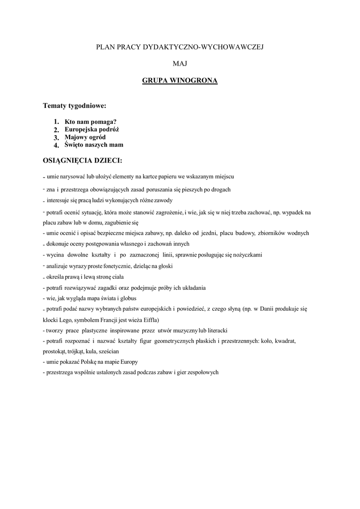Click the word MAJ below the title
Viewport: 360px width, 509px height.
pyautogui.click(x=180, y=63)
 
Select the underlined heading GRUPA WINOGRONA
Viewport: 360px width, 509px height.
pyautogui.click(x=180, y=80)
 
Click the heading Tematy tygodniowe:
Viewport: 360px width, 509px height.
pyautogui.click(x=75, y=106)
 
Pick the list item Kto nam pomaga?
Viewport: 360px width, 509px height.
pyautogui.click(x=90, y=121)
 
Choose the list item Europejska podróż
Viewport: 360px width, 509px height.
pyautogui.click(x=92, y=129)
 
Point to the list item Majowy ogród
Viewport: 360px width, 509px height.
pyautogui.click(x=85, y=137)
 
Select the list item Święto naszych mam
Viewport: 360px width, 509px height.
pyautogui.click(x=94, y=145)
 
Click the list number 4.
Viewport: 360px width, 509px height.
pyautogui.click(x=56, y=146)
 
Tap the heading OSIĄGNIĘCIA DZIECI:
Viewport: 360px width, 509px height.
pyautogui.click(x=83, y=161)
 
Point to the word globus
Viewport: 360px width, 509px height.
pyautogui.click(x=126, y=298)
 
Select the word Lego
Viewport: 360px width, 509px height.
pyautogui.click(x=70, y=320)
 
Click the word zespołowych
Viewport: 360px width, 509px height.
pyautogui.click(x=201, y=372)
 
